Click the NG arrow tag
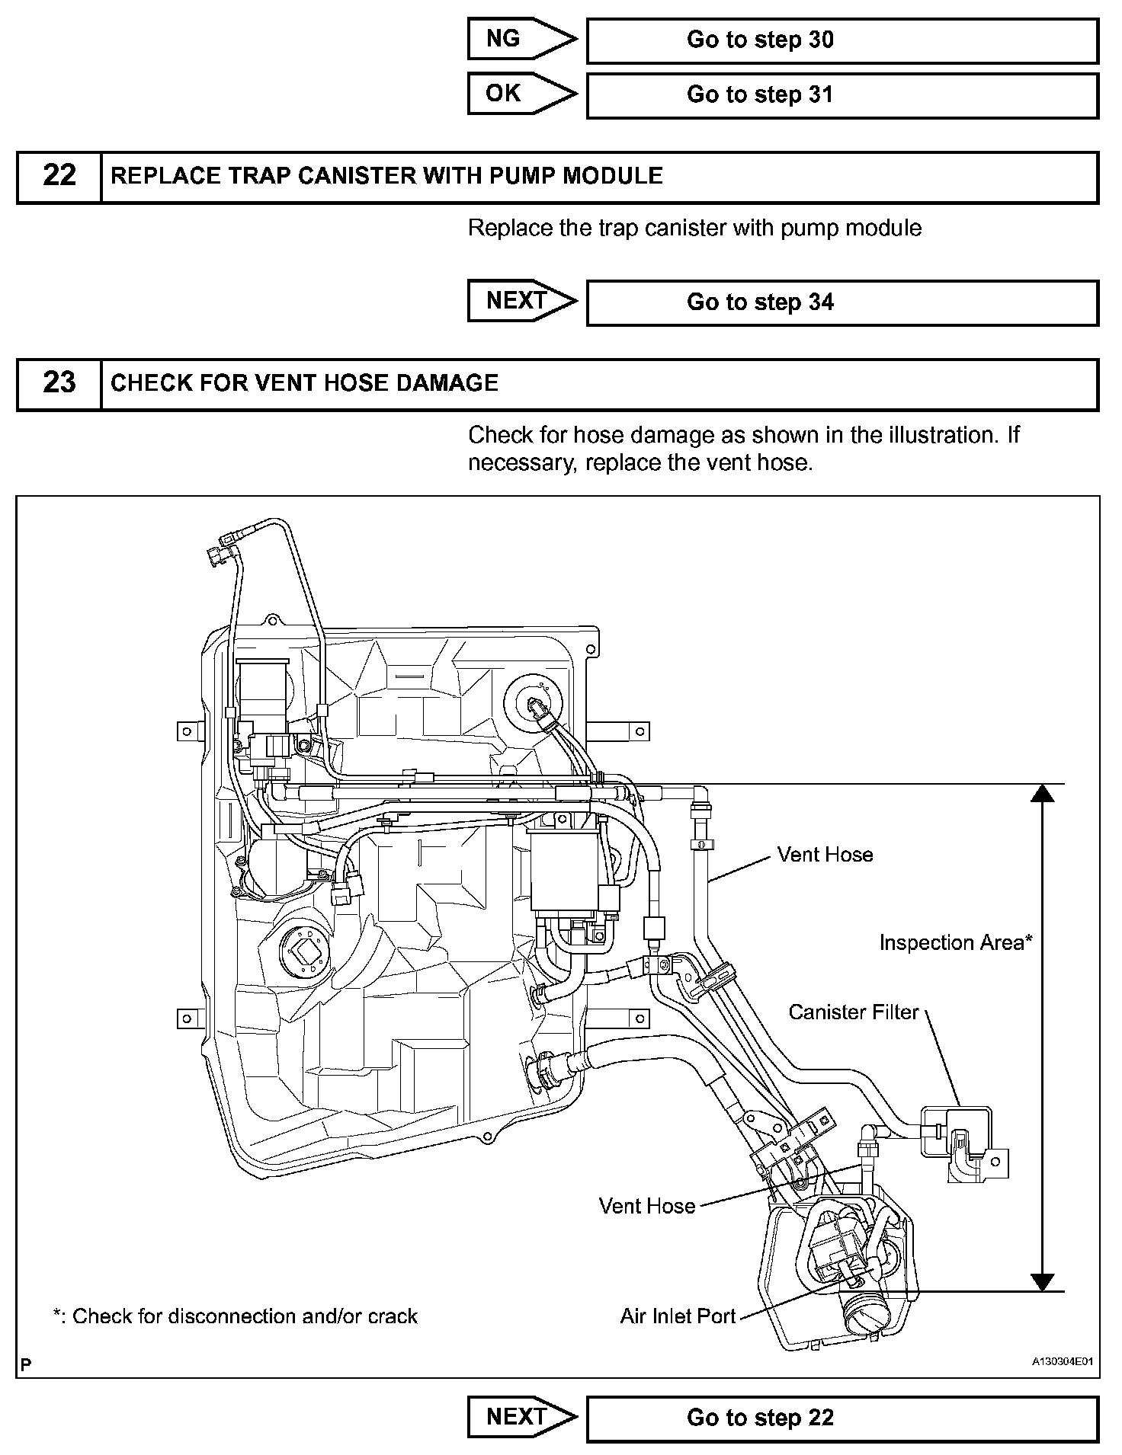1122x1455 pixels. click(x=518, y=40)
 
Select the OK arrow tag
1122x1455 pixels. click(x=518, y=94)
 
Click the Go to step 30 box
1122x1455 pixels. click(x=841, y=40)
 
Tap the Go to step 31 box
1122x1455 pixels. click(x=841, y=95)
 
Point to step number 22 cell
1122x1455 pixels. click(x=59, y=177)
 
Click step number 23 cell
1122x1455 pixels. click(x=59, y=384)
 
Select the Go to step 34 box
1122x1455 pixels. click(x=841, y=302)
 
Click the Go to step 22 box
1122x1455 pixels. click(x=841, y=1418)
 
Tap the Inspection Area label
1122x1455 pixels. click(x=955, y=943)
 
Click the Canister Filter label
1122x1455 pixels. click(x=854, y=1012)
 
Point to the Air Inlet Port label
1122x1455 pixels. click(x=678, y=1316)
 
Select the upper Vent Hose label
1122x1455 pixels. click(x=825, y=855)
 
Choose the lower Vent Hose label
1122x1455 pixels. click(x=647, y=1206)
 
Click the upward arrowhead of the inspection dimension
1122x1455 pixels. click(x=1042, y=794)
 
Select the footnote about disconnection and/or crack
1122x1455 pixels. click(x=235, y=1316)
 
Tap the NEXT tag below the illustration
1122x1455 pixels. click(x=518, y=1416)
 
